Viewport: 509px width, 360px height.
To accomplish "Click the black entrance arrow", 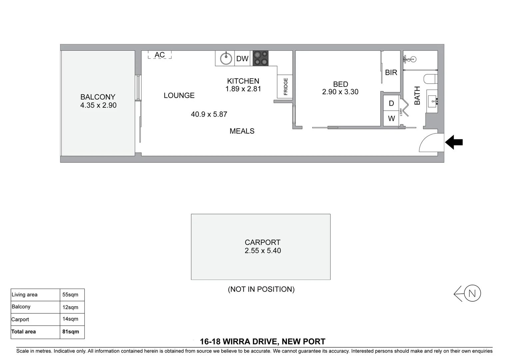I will (454, 142).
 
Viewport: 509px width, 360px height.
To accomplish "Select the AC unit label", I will (160, 55).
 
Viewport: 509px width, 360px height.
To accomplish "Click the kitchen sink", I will (226, 59).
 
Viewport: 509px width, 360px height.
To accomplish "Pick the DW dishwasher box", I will (243, 59).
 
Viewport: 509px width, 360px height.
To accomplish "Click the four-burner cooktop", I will (260, 58).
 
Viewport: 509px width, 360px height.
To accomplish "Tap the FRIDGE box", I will (285, 87).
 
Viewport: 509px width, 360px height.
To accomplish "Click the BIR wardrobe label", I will (391, 72).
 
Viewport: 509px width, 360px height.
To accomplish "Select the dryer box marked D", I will (391, 104).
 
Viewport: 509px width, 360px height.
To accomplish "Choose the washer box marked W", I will (391, 119).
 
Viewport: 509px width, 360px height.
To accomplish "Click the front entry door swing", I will (429, 143).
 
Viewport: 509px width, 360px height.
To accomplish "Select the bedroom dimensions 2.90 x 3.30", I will (340, 92).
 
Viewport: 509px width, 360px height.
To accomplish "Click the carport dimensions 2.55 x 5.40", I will (262, 251).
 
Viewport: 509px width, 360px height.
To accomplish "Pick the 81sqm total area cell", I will (71, 332).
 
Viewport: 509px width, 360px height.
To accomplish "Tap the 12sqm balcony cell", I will (70, 307).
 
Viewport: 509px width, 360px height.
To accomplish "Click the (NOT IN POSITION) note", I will (261, 289).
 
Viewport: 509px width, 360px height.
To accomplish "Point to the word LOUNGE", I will (179, 96).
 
